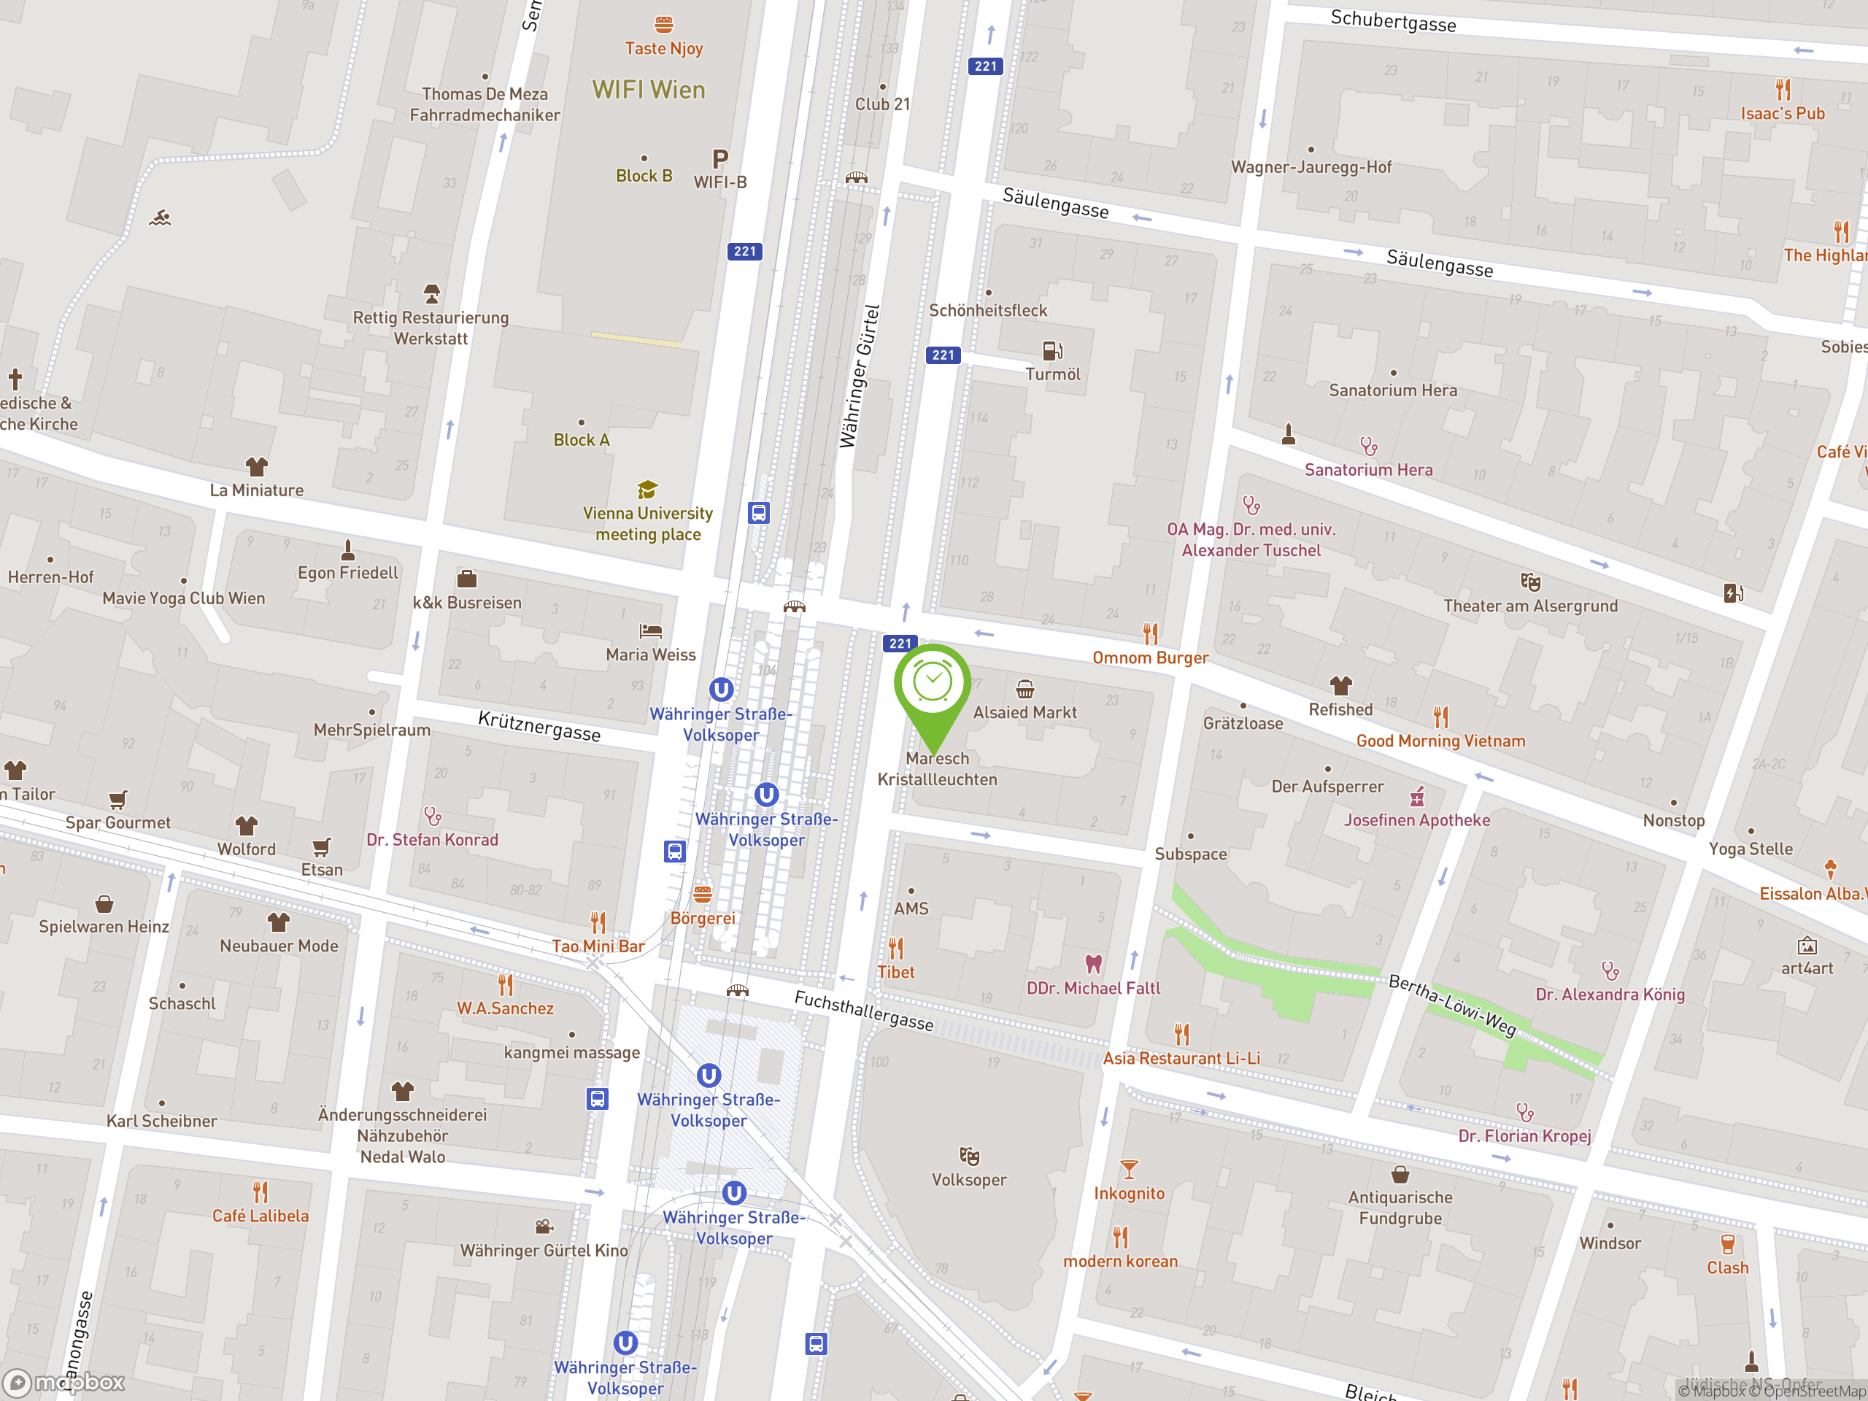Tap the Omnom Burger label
click(x=1150, y=658)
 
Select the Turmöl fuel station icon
click(x=1052, y=350)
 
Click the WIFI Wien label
click(x=648, y=90)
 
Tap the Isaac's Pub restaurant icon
click(x=1783, y=90)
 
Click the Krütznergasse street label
click(x=539, y=726)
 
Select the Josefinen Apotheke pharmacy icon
click(x=1417, y=796)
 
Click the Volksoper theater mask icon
click(x=968, y=1156)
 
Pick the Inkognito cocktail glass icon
click(x=1129, y=1170)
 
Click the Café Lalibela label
click(x=260, y=1216)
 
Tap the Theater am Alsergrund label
click(x=1530, y=606)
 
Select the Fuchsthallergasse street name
click(x=863, y=1011)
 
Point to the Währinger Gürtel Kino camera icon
click(x=544, y=1226)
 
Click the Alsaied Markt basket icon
click(x=1024, y=689)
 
